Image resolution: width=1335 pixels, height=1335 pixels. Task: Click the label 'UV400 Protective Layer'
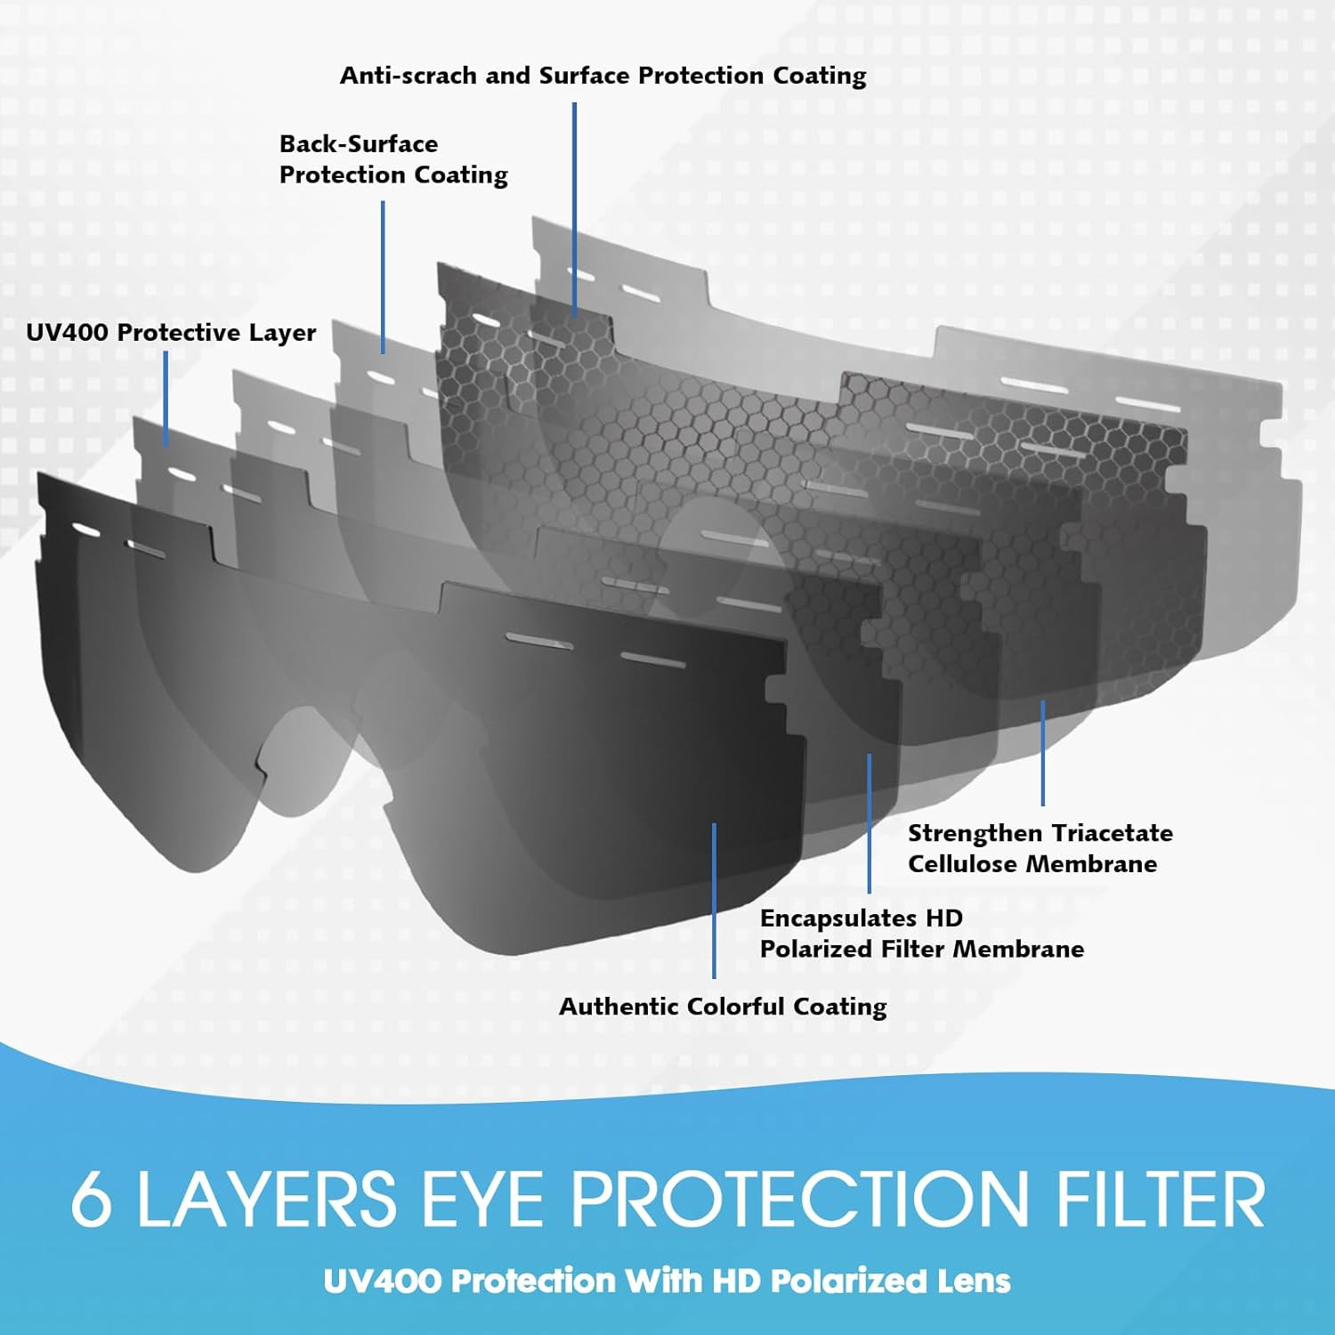(x=171, y=333)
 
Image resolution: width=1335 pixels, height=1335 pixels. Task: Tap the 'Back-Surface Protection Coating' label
(x=393, y=159)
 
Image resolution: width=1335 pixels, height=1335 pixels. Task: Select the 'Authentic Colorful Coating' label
(x=723, y=1007)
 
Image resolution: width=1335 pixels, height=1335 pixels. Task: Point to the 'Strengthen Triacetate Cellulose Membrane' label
(x=1040, y=848)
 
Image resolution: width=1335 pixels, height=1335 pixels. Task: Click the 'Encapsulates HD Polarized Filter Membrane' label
(x=921, y=934)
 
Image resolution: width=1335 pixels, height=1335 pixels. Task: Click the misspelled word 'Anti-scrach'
(x=409, y=76)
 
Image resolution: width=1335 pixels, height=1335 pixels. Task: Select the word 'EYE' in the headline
(x=481, y=1200)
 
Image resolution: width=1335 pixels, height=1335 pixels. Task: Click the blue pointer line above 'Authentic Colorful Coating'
(x=714, y=899)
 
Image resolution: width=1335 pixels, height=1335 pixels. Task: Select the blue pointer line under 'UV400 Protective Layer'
(x=166, y=398)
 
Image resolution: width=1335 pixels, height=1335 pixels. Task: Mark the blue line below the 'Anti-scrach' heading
(x=574, y=209)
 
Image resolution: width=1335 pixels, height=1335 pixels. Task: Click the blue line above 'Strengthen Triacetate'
(x=1042, y=753)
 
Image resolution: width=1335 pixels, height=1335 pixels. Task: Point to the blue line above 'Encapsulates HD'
(x=870, y=822)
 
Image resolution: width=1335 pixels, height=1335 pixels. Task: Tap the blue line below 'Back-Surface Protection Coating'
(x=384, y=276)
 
